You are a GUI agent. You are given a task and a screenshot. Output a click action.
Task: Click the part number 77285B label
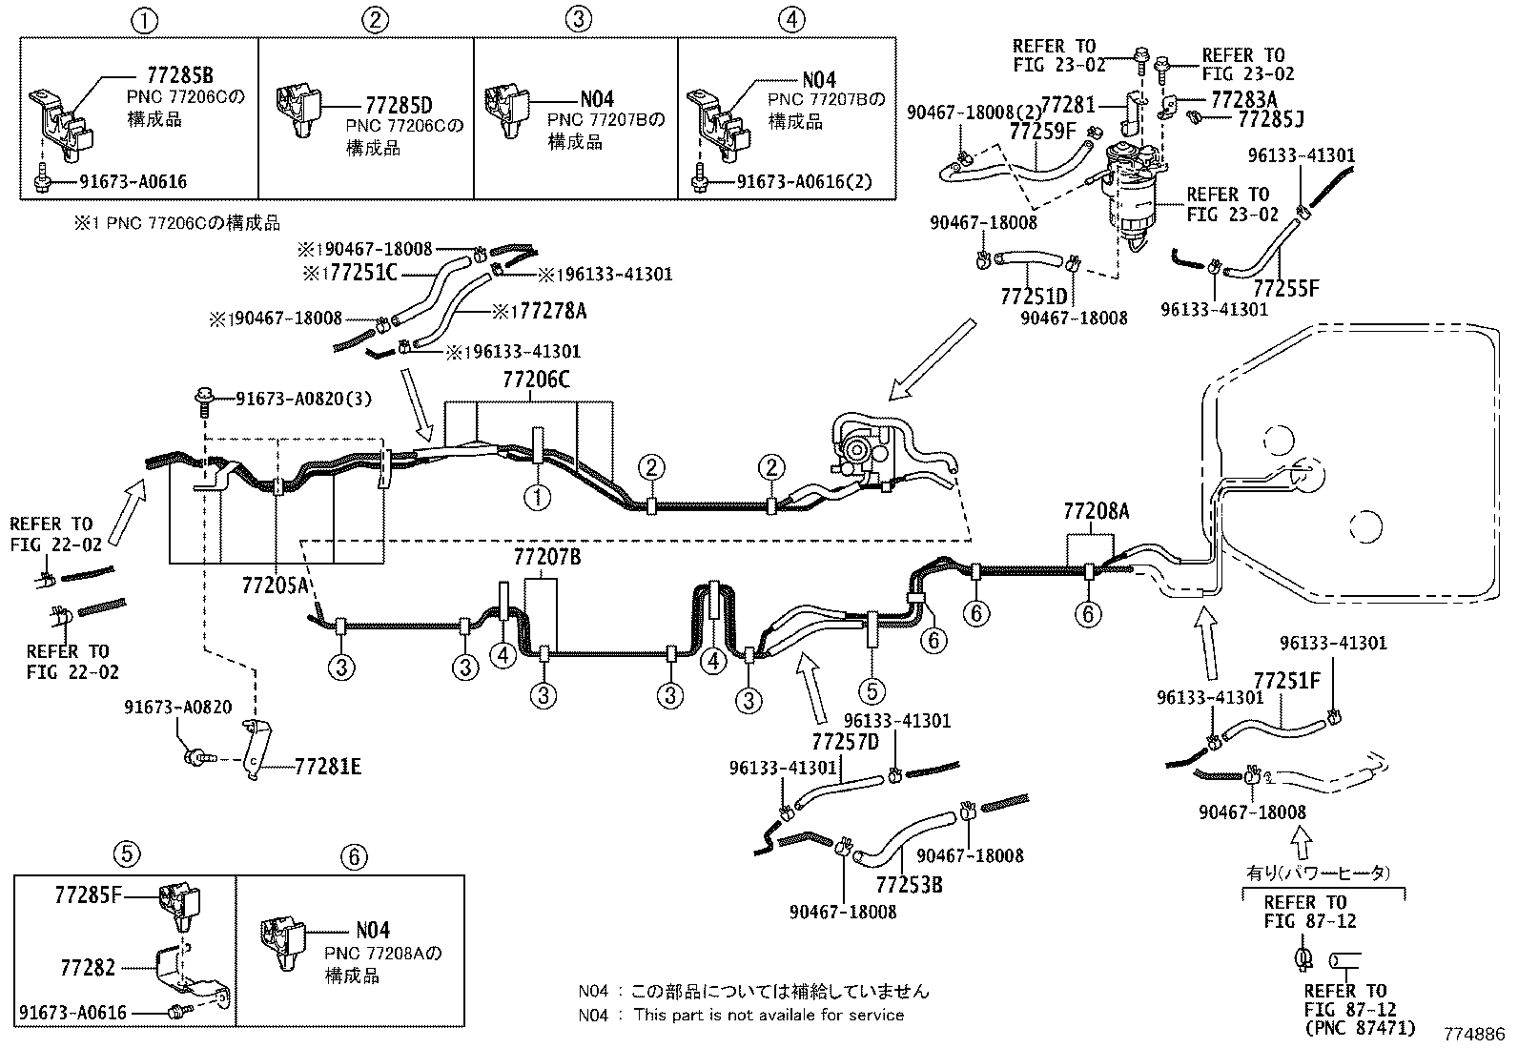coord(179,74)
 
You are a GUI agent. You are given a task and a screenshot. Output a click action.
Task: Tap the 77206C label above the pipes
coord(536,380)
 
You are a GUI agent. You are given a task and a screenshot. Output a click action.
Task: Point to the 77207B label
coord(546,557)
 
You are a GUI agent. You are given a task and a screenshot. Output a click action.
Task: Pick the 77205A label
coord(276,584)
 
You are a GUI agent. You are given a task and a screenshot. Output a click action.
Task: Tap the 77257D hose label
coord(845,741)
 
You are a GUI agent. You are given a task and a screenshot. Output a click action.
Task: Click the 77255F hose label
coord(1285,288)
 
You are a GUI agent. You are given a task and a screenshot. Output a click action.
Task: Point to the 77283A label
coord(1243,99)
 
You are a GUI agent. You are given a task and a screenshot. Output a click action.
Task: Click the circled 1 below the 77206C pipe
coord(538,497)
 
